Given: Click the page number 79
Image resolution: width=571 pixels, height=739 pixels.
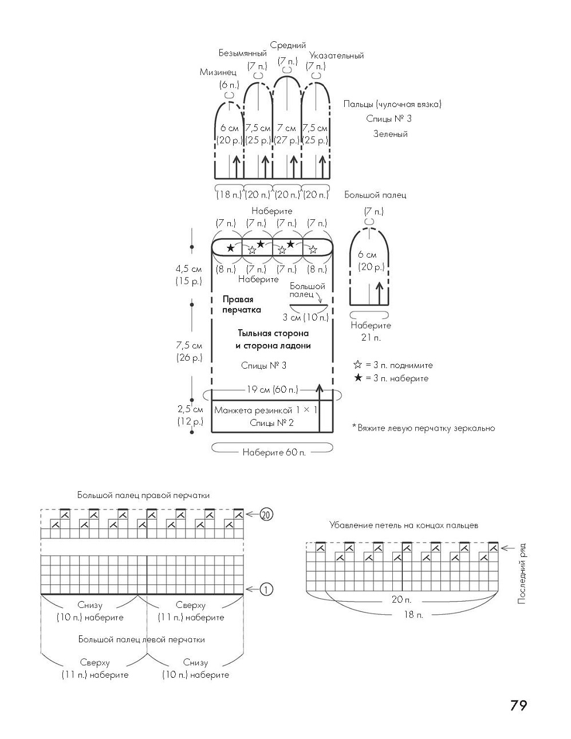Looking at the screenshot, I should pyautogui.click(x=518, y=705).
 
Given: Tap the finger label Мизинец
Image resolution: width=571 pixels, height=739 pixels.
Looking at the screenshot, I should pyautogui.click(x=218, y=72).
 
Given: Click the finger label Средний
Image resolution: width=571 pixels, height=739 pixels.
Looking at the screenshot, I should pyautogui.click(x=288, y=45).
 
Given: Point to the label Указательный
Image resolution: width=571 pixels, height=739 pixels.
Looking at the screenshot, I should pyautogui.click(x=336, y=56).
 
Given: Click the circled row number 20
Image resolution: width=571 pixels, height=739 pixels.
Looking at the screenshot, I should pyautogui.click(x=265, y=514).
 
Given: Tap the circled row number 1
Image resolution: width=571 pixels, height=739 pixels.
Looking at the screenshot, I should pyautogui.click(x=266, y=589).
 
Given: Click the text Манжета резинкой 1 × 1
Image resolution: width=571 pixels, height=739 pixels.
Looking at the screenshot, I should pyautogui.click(x=266, y=410).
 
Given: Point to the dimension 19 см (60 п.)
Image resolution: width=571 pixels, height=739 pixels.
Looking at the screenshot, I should pyautogui.click(x=272, y=390).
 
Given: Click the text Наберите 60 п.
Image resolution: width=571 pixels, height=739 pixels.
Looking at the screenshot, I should pyautogui.click(x=274, y=452).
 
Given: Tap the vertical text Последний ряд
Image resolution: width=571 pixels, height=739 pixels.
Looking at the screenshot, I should pyautogui.click(x=522, y=575).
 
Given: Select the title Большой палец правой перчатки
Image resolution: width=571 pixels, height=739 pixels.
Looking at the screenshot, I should pyautogui.click(x=144, y=495).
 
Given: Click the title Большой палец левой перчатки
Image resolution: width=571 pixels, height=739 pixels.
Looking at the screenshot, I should pyautogui.click(x=141, y=639).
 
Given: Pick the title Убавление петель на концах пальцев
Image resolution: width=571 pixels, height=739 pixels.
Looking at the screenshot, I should pyautogui.click(x=404, y=525).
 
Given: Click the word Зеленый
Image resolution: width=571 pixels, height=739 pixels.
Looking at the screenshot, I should pyautogui.click(x=389, y=134).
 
